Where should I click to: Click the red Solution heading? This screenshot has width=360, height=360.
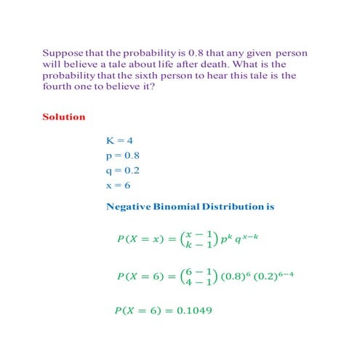63,117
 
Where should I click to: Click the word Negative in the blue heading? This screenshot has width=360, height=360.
128,207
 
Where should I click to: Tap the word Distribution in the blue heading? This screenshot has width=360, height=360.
231,207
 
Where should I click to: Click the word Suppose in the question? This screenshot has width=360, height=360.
62,54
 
